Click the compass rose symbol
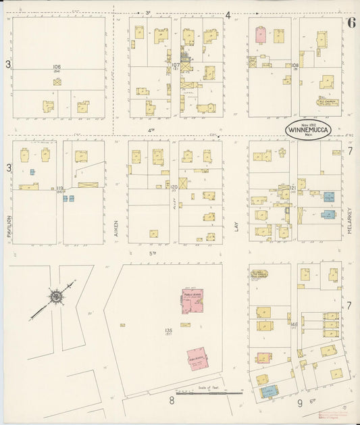tap(55, 295)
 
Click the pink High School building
tap(198, 359)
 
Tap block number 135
tap(168, 330)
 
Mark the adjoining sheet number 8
tap(172, 401)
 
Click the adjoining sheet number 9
tap(300, 404)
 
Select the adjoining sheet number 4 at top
tap(228, 15)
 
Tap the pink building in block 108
tap(261, 36)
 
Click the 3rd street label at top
tap(149, 12)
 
